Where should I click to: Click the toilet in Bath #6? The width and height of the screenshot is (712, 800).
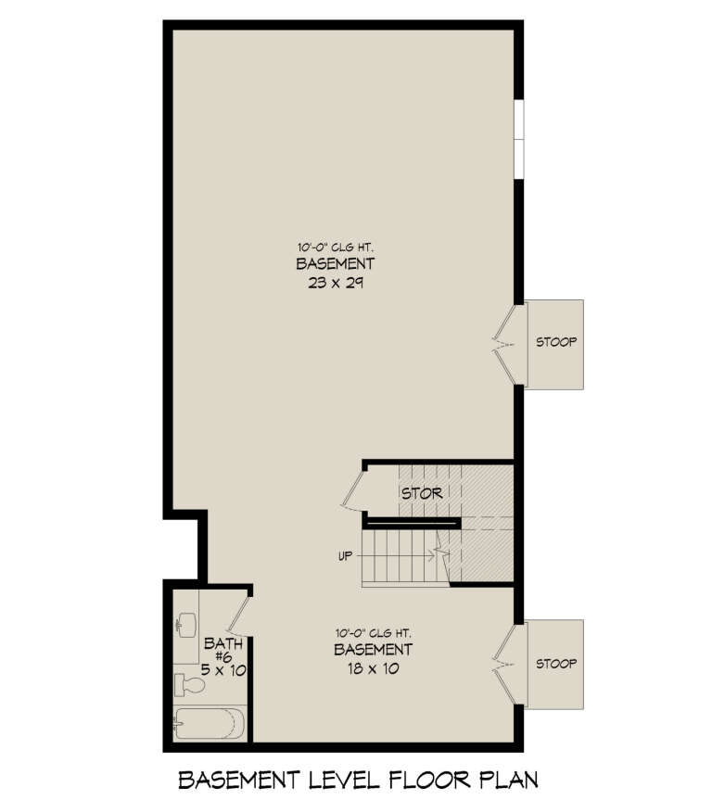click(x=190, y=685)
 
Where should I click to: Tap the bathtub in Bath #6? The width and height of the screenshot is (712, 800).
click(x=210, y=722)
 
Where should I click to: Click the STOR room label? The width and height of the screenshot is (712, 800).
click(x=422, y=493)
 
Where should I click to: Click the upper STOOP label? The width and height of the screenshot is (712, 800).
click(x=556, y=342)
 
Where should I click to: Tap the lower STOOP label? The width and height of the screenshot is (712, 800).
click(x=556, y=664)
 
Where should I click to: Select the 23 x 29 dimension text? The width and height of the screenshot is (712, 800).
click(x=328, y=284)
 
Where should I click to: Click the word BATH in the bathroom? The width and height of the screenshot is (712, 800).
click(x=222, y=642)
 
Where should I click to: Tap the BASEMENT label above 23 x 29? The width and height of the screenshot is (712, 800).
click(x=328, y=264)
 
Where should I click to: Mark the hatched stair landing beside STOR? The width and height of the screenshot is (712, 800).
click(x=487, y=524)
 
